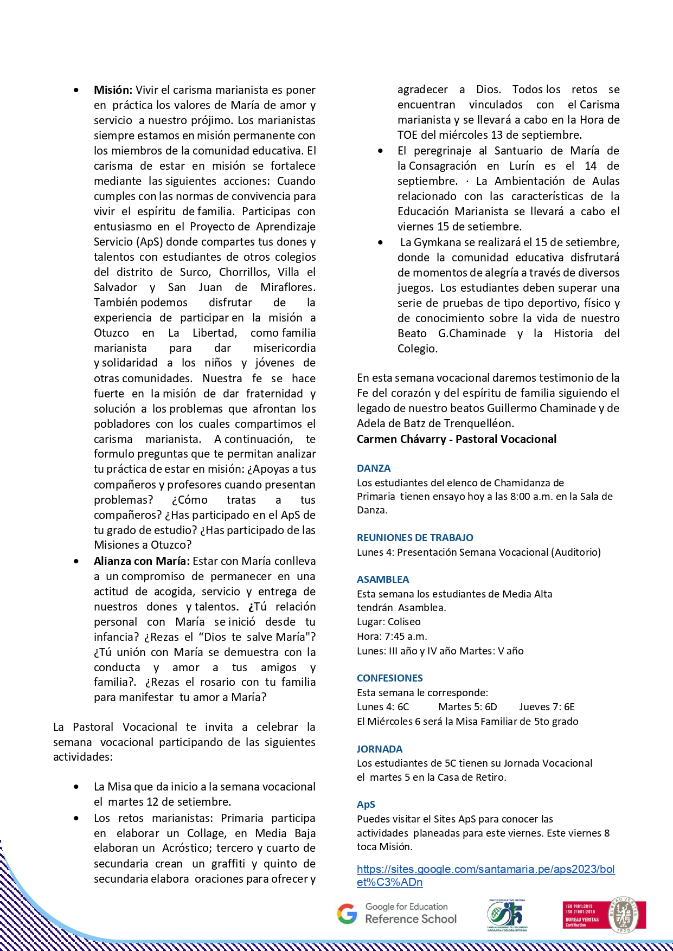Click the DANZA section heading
[374, 468]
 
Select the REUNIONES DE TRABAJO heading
[415, 537]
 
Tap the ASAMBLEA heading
[383, 579]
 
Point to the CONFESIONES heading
[389, 678]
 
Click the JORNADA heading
[380, 749]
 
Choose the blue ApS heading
[366, 804]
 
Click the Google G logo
[347, 914]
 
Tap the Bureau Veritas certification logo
[604, 914]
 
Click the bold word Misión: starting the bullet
[113, 90]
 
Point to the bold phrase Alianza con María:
[142, 561]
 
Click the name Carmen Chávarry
[401, 439]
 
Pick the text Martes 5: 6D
[467, 706]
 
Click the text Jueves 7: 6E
[547, 706]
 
